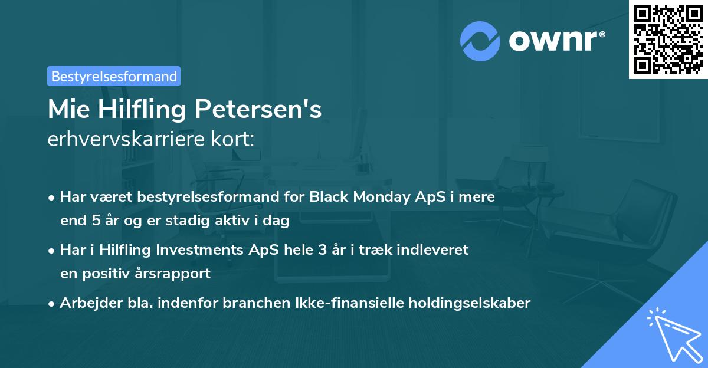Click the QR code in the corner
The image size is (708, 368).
(x=668, y=39)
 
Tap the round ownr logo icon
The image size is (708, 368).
(x=480, y=41)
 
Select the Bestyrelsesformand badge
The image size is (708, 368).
(x=114, y=76)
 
